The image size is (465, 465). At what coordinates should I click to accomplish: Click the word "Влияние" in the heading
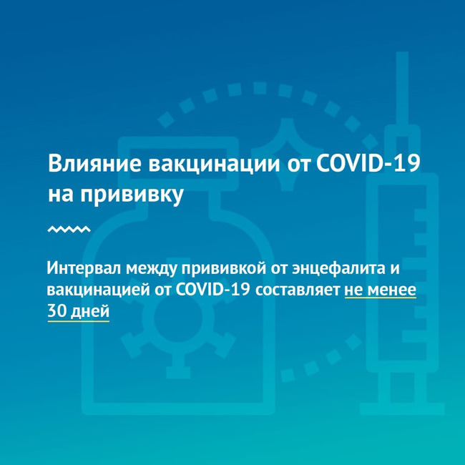(94, 163)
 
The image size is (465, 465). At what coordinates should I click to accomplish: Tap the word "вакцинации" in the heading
(214, 165)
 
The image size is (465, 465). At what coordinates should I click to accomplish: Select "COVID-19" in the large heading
(368, 163)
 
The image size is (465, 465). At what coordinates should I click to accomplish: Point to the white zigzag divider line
(69, 229)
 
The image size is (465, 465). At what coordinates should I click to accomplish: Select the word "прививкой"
(223, 269)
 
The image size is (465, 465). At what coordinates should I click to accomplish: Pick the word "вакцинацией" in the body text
(98, 290)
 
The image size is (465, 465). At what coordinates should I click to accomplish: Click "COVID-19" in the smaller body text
(212, 290)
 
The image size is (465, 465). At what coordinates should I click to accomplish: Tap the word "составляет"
(298, 290)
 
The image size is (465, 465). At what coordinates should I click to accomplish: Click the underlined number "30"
(57, 310)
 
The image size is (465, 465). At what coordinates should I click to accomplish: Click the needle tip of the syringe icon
(402, 54)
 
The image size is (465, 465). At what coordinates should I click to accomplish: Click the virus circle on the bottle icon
(178, 319)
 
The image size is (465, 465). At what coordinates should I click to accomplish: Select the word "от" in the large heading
(298, 165)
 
